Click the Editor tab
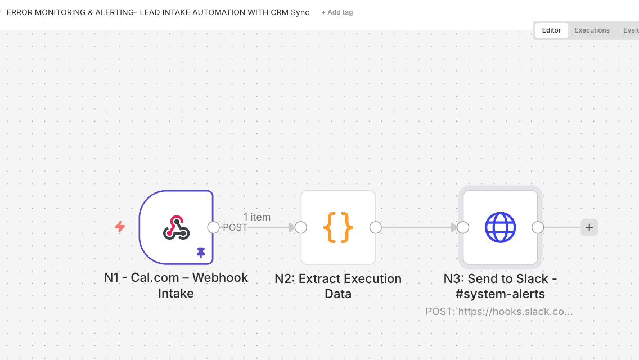coord(551,30)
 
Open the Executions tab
coord(592,30)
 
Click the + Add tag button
coord(337,12)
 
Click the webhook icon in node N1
coord(176,227)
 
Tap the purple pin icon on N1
coord(201,253)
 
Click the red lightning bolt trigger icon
coord(120,227)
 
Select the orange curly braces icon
coord(338,227)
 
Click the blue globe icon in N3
coord(500,227)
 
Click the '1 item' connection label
coord(257,217)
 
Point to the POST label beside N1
coord(235,227)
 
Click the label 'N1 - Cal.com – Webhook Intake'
coord(176,285)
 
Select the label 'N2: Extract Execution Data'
coord(338,286)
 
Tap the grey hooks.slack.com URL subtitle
coord(499,311)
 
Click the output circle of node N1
coord(213,227)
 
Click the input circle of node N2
coord(301,227)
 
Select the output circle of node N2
coord(375,227)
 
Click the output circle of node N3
coord(538,227)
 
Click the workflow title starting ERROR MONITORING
coord(157,12)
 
